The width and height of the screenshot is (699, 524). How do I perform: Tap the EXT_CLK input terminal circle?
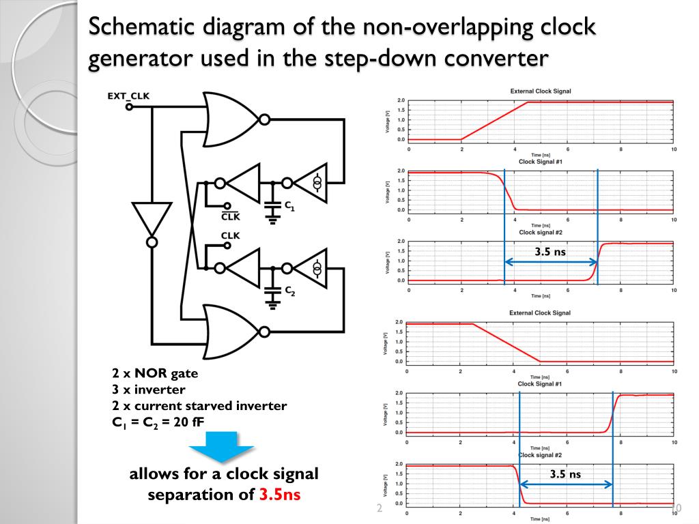[x=129, y=106]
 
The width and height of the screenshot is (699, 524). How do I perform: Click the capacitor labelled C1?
[x=272, y=205]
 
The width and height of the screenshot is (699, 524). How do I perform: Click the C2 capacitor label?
[x=289, y=291]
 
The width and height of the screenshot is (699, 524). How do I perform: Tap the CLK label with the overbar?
[x=231, y=217]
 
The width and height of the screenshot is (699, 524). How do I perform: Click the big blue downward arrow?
[x=221, y=448]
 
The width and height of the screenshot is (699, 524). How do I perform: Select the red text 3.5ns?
[x=279, y=494]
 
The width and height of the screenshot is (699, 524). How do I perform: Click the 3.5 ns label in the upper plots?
[x=550, y=252]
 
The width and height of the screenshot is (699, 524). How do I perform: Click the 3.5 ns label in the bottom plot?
[x=565, y=474]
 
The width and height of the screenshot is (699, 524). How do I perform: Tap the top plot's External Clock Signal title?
[x=541, y=91]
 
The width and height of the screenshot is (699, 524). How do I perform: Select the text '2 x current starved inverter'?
[x=199, y=406]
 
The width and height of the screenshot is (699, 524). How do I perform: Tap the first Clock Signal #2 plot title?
[x=540, y=232]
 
